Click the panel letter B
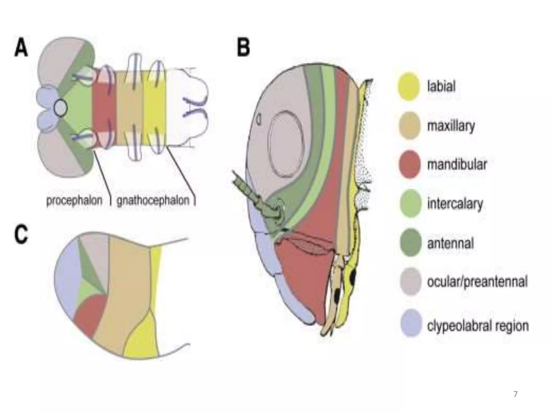tap(243, 48)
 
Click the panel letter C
tap(21, 234)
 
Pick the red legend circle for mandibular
tap(409, 164)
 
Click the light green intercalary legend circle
tap(410, 203)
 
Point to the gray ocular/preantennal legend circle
tap(410, 282)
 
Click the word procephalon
tap(74, 201)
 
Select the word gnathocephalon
tap(153, 201)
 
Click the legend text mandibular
tap(457, 164)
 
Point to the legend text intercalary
tap(455, 204)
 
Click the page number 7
tap(515, 394)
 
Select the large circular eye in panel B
tap(287, 144)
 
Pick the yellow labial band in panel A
tap(154, 108)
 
